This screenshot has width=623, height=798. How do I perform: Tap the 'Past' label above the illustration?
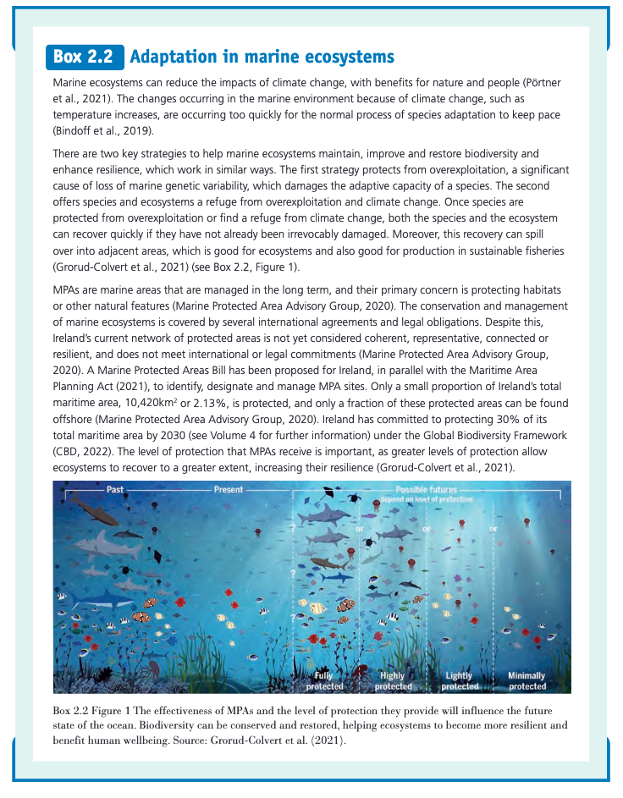pos(115,490)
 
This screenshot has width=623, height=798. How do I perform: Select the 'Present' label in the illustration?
pos(228,490)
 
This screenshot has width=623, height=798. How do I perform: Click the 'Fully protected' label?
pos(325,680)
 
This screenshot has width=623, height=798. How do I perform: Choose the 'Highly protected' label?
pos(392,680)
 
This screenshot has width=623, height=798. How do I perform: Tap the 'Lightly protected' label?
pos(460,680)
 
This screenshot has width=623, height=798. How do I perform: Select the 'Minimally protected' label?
pos(527,680)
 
